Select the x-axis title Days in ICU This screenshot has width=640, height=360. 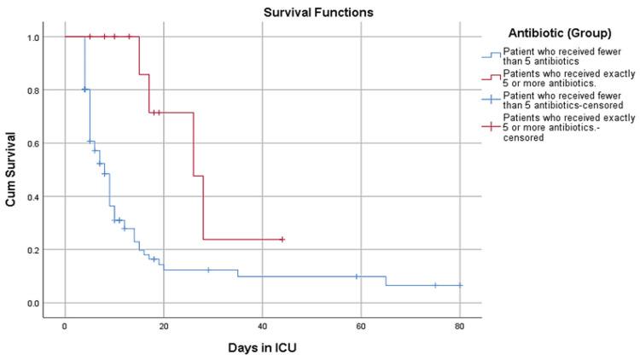[x=262, y=349]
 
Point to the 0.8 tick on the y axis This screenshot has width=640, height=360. [x=31, y=90]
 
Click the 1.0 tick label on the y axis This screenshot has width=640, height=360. [x=31, y=37]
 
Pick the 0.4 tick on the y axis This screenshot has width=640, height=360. [x=31, y=196]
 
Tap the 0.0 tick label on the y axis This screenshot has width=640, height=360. [x=31, y=303]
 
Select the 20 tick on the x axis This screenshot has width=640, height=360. [x=164, y=326]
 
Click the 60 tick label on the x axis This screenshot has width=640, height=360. [x=361, y=326]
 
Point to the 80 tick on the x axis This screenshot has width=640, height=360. [x=460, y=326]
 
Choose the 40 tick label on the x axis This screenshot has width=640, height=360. [x=262, y=326]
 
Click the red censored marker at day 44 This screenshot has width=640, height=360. [x=282, y=239]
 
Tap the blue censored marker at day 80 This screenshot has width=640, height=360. [x=460, y=285]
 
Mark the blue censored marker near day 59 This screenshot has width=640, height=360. [x=357, y=276]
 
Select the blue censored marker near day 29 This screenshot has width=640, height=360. [x=208, y=270]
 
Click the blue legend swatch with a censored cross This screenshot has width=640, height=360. [x=490, y=100]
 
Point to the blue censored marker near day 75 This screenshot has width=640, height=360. [x=435, y=285]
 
